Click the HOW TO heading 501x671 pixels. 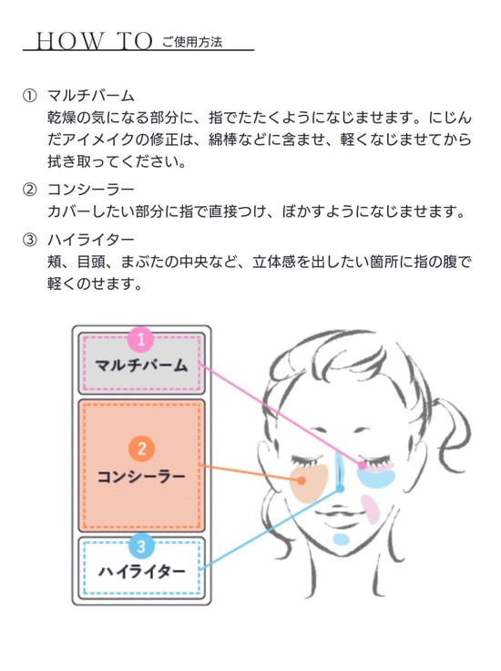(94, 42)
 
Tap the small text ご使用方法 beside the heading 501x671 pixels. (192, 42)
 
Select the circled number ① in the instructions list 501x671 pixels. (29, 96)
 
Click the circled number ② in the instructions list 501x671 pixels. (29, 189)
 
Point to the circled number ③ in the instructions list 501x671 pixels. (29, 239)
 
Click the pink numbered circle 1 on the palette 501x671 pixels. (141, 339)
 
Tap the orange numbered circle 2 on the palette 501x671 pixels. (141, 449)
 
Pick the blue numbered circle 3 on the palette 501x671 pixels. (141, 545)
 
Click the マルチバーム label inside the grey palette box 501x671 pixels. (141, 366)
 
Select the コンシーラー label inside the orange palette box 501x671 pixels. (141, 476)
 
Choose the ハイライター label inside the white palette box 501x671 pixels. (141, 572)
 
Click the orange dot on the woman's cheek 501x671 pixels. (302, 480)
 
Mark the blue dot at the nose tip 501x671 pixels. (341, 489)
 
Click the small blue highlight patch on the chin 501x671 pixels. (341, 540)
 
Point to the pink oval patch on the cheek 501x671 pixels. (371, 510)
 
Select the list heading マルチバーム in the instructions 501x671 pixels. (91, 96)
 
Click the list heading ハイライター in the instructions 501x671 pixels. (91, 239)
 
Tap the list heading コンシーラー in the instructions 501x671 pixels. (91, 189)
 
